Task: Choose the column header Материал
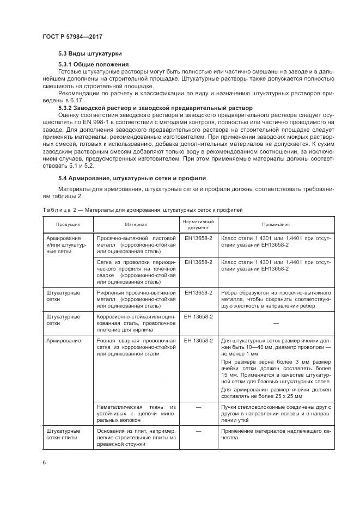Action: tap(136, 225)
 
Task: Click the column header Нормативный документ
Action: tap(198, 224)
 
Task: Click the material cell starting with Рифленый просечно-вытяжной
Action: tap(136, 299)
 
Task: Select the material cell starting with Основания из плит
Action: tap(136, 437)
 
